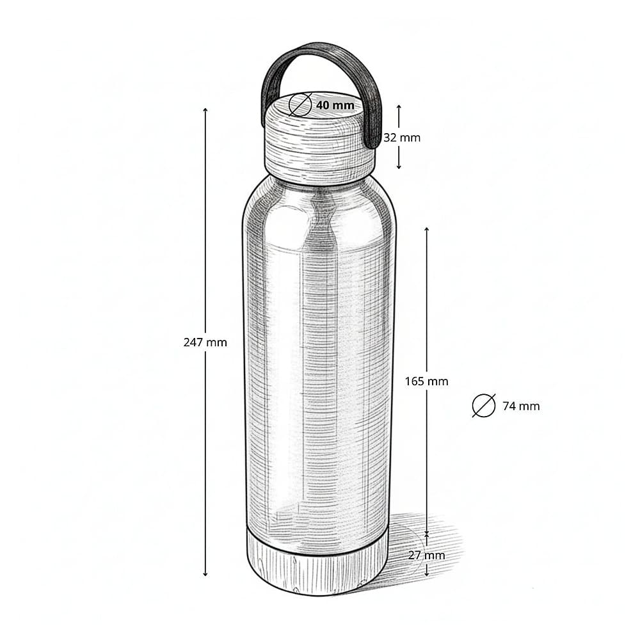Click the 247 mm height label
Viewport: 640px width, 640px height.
(x=205, y=342)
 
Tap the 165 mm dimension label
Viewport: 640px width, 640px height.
(x=426, y=381)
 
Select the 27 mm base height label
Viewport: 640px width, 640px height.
(x=426, y=555)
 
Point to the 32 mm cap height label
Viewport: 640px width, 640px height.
(x=402, y=138)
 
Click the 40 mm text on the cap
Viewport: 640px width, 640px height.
(x=335, y=105)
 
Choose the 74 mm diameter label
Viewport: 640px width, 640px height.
(x=521, y=406)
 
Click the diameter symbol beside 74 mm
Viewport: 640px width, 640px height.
(x=484, y=406)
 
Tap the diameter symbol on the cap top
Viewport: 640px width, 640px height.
(x=300, y=104)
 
